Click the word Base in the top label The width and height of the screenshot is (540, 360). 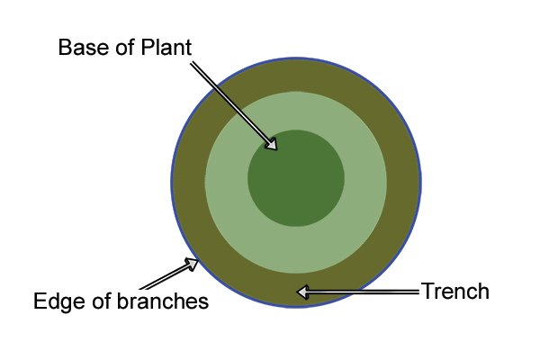(85, 47)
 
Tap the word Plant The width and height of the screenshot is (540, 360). (166, 47)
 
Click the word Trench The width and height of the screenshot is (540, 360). (454, 292)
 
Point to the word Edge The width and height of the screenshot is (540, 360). (59, 301)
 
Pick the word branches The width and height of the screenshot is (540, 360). (163, 301)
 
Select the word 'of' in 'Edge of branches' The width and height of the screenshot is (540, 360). (102, 301)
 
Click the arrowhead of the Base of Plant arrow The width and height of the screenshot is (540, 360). (272, 144)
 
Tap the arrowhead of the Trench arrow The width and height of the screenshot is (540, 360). (302, 292)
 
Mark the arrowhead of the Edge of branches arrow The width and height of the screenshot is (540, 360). (192, 265)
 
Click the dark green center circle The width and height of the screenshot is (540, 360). (296, 178)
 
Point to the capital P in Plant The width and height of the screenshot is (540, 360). (147, 47)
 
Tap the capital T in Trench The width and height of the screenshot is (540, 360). (427, 292)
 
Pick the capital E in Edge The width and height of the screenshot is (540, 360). (40, 301)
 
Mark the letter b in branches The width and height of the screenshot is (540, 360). (122, 301)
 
